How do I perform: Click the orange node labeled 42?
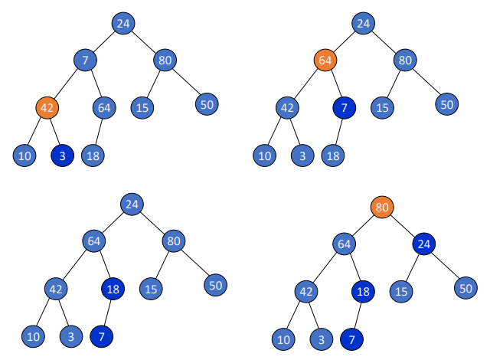47,108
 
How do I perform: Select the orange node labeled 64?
325,59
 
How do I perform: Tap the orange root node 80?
382,207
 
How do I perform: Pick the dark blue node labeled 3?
62,155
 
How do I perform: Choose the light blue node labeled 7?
85,59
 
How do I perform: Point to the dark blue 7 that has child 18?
344,107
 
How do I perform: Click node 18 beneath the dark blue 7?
332,155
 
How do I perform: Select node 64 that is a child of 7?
104,107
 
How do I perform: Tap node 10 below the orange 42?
24,155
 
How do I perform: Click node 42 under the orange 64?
287,107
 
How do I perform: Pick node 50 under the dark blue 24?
465,288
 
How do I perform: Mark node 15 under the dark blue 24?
399,291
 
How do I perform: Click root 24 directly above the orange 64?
364,23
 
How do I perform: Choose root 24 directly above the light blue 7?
123,23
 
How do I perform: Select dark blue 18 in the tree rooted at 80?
363,291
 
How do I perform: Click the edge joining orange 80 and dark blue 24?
403,225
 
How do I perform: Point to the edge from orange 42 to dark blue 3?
54,132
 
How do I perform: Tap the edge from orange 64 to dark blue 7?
335,83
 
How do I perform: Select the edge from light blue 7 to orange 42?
66,83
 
